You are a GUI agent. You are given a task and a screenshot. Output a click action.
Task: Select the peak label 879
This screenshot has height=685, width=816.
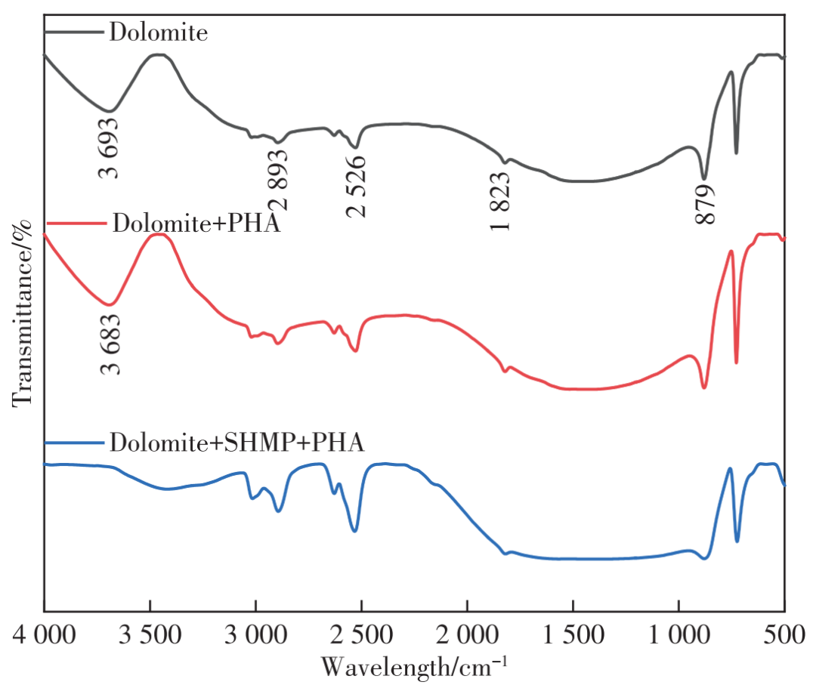pyautogui.click(x=704, y=204)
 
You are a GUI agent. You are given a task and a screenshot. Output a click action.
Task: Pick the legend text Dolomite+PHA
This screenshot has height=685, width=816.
pyautogui.click(x=196, y=224)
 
